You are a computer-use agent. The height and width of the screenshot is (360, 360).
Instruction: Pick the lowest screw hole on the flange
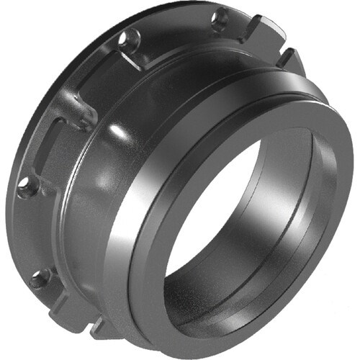point(40,276)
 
